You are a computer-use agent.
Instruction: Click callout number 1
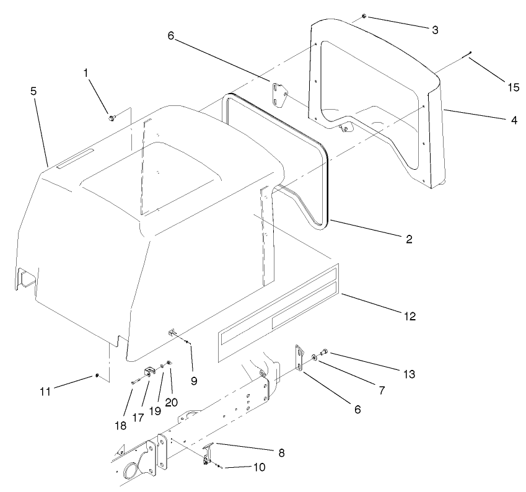pyautogui.click(x=87, y=73)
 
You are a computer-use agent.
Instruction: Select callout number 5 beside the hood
pyautogui.click(x=33, y=90)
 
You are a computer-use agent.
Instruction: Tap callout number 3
pyautogui.click(x=436, y=29)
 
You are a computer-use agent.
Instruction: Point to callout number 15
pyautogui.click(x=514, y=87)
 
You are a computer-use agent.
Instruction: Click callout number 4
pyautogui.click(x=514, y=120)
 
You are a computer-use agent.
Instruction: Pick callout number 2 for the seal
pyautogui.click(x=408, y=238)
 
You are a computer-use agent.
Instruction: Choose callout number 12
pyautogui.click(x=409, y=317)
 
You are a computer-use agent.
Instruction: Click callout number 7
pyautogui.click(x=382, y=390)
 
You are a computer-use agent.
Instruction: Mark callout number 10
pyautogui.click(x=259, y=467)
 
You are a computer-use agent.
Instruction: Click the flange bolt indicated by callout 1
pyautogui.click(x=111, y=117)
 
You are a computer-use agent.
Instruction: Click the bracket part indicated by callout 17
pyautogui.click(x=149, y=371)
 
